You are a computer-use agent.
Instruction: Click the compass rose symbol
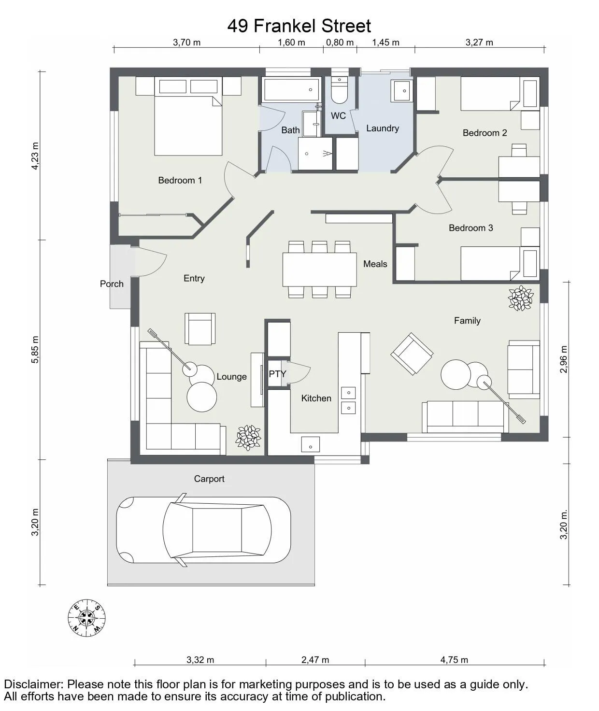pyautogui.click(x=86, y=618)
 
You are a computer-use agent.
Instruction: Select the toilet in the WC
pyautogui.click(x=339, y=90)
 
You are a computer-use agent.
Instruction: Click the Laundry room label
pyautogui.click(x=383, y=128)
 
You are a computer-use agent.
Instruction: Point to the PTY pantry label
pyautogui.click(x=278, y=374)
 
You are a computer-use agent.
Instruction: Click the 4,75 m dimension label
pyautogui.click(x=454, y=660)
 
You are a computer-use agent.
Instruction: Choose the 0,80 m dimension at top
pyautogui.click(x=340, y=42)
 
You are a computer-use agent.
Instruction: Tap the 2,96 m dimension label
pyautogui.click(x=564, y=359)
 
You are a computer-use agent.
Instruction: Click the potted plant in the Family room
pyautogui.click(x=520, y=298)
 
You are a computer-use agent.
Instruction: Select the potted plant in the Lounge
pyautogui.click(x=248, y=438)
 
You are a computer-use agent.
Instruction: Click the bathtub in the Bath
pyautogui.click(x=291, y=89)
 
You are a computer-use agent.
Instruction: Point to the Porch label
pyautogui.click(x=112, y=284)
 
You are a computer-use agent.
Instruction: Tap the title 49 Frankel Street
pyautogui.click(x=299, y=26)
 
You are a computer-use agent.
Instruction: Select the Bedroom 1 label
pyautogui.click(x=180, y=180)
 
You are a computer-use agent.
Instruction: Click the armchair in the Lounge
pyautogui.click(x=200, y=328)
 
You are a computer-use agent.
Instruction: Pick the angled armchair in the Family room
pyautogui.click(x=412, y=354)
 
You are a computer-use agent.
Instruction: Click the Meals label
pyautogui.click(x=375, y=264)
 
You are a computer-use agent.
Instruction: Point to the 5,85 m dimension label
pyautogui.click(x=35, y=349)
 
